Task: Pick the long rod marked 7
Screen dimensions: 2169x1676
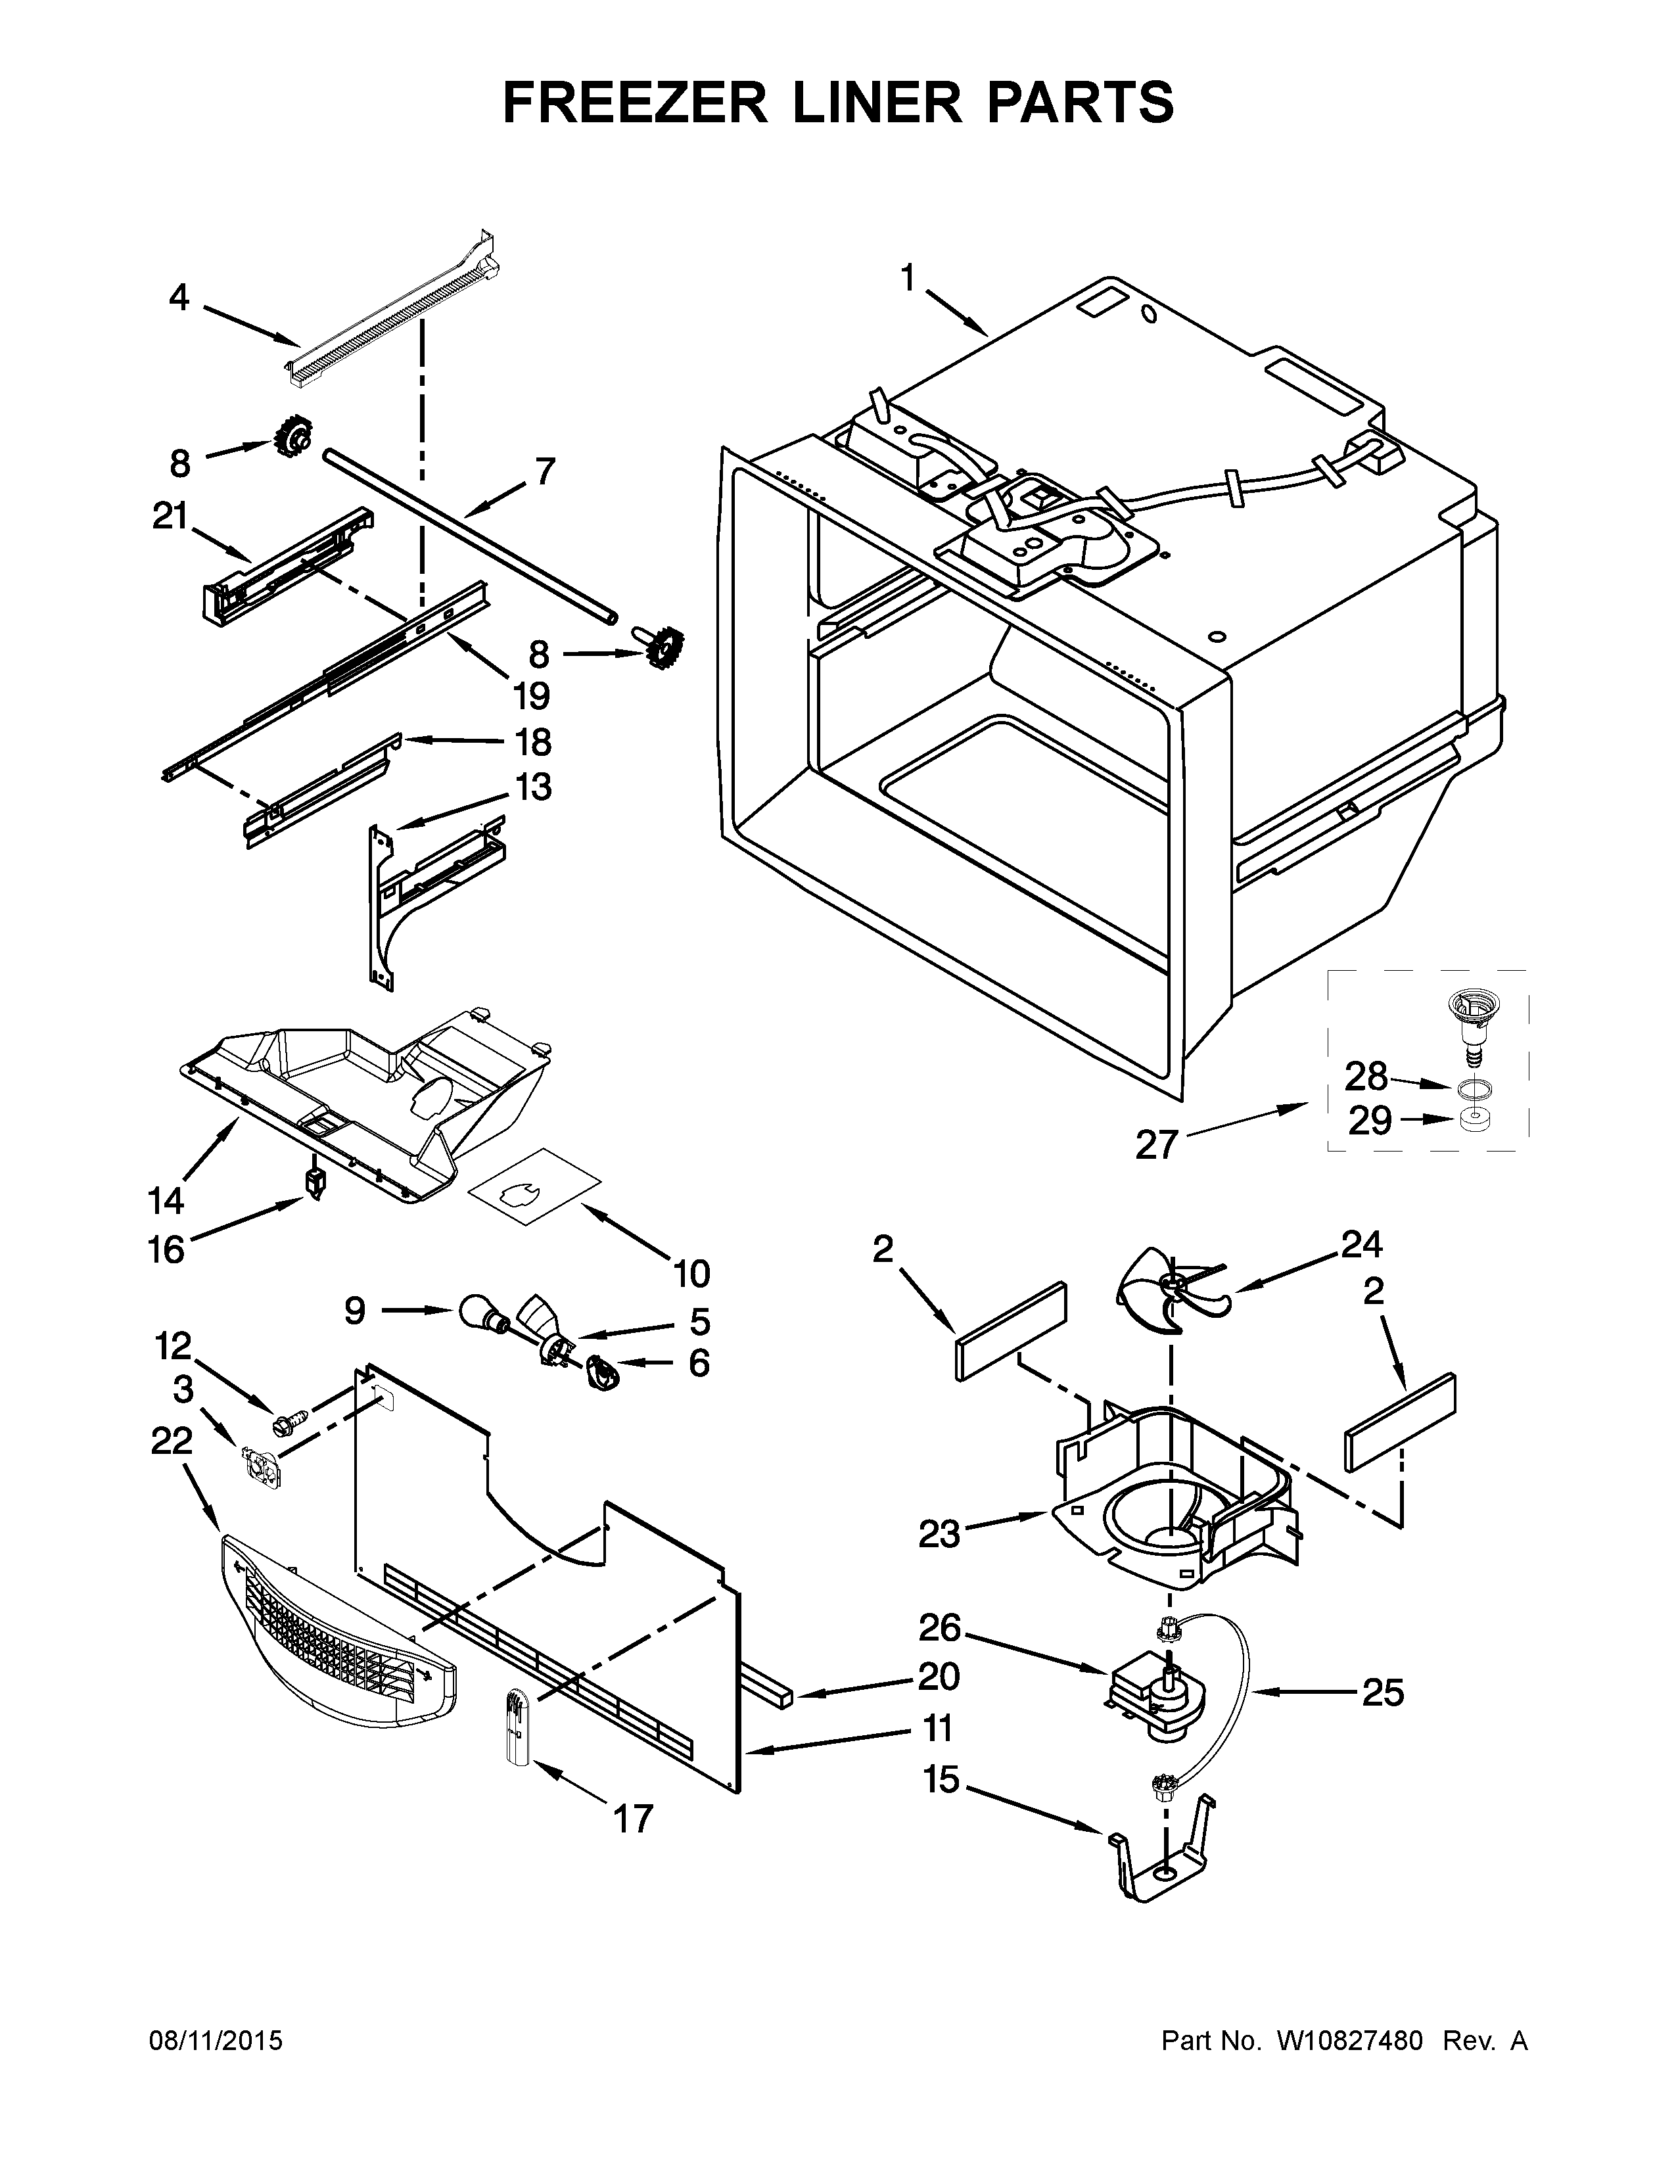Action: point(467,536)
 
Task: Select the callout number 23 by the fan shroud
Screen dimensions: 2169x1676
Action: point(939,1533)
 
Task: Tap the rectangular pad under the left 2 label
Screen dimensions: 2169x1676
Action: point(1011,1331)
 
